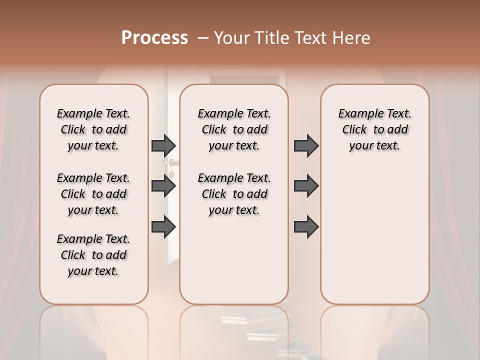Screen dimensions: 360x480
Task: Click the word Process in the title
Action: pos(154,37)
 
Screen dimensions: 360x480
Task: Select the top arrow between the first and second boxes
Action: pos(163,145)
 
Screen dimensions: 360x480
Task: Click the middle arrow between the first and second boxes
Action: pos(163,186)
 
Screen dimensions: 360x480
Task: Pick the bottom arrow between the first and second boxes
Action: pos(163,227)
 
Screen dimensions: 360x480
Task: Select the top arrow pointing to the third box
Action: pos(306,145)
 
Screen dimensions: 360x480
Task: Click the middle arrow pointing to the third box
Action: pos(306,186)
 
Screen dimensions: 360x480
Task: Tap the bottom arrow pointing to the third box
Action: pos(306,227)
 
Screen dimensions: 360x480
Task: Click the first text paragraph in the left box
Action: pos(93,129)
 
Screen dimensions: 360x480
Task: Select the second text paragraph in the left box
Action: pos(93,194)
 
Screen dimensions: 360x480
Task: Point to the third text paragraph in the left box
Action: pos(93,255)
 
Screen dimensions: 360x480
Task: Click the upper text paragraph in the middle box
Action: pos(234,129)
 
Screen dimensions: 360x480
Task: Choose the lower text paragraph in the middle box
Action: pos(234,194)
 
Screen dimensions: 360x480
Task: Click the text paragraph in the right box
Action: pos(375,129)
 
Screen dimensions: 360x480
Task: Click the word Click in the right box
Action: pos(354,130)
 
